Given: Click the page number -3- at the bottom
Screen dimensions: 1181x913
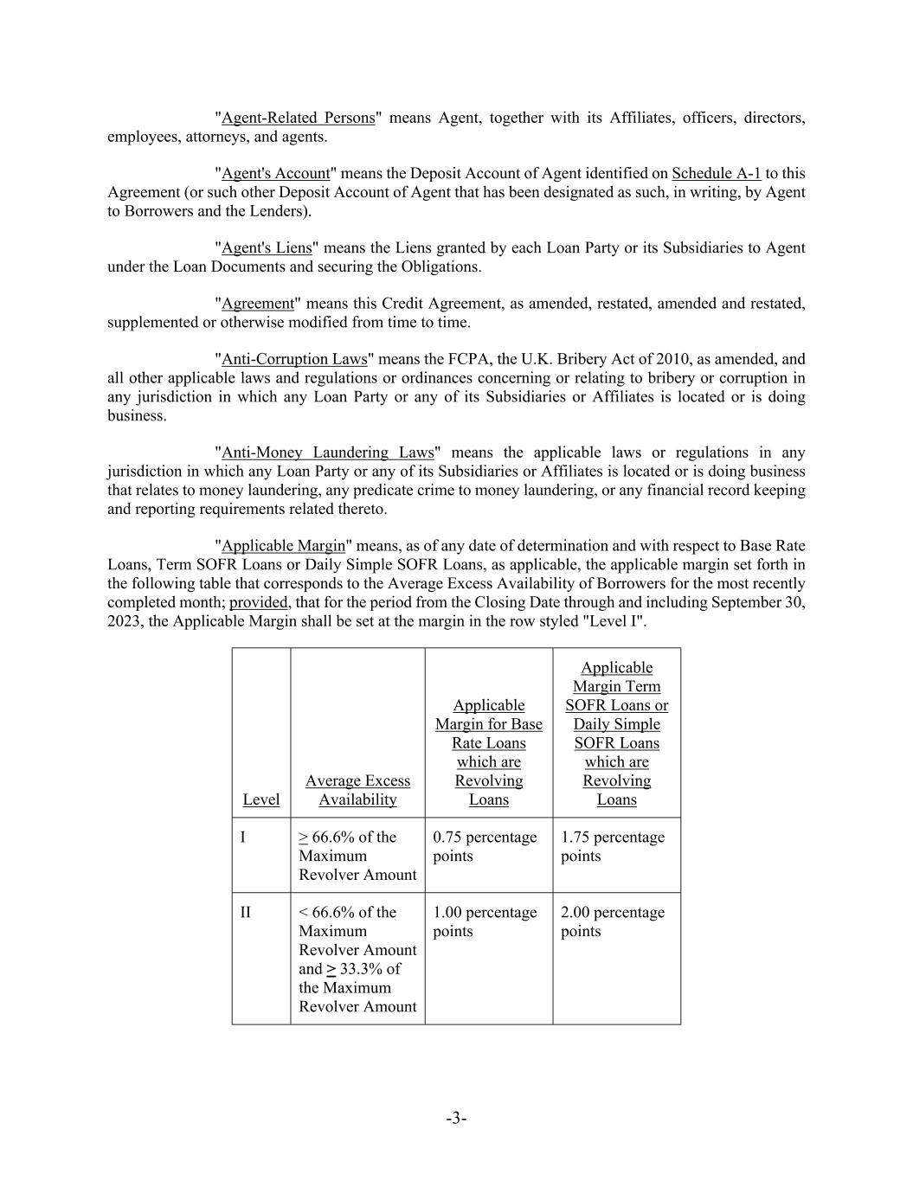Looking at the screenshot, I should click(x=456, y=1119).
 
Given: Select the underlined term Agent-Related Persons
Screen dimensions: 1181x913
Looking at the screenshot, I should click(x=298, y=118).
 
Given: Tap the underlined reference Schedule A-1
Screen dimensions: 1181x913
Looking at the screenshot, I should click(x=716, y=173).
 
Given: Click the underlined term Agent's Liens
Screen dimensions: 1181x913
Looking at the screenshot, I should click(x=267, y=248).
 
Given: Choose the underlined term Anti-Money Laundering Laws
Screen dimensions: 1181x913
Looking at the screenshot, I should click(x=327, y=453).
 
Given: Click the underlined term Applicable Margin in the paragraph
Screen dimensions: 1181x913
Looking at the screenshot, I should click(x=283, y=546).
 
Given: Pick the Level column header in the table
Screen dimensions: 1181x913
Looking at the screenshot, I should click(x=260, y=799).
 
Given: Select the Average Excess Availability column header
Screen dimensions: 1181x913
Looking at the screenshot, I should click(x=357, y=790).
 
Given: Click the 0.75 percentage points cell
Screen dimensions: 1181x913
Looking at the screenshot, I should click(x=485, y=846).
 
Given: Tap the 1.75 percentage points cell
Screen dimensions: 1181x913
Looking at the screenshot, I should click(x=613, y=846).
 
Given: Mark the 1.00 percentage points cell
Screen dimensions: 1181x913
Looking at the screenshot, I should click(x=485, y=921).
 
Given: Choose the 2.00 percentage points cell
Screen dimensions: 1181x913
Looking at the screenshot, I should click(x=613, y=921).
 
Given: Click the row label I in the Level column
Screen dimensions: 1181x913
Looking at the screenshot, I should click(x=243, y=838).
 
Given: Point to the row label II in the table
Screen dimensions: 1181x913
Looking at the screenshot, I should click(x=246, y=913).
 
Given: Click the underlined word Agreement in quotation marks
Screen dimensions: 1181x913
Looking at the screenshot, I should click(x=258, y=304).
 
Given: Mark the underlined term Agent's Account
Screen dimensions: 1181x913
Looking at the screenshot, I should click(x=275, y=173).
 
